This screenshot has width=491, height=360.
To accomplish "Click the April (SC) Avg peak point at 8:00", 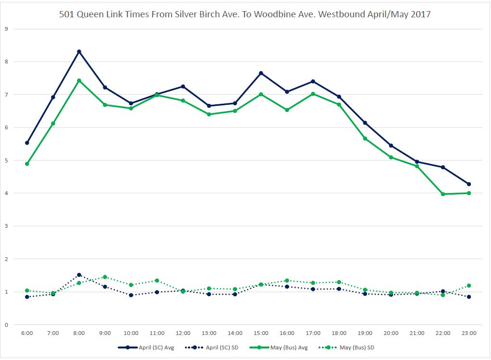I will tap(79, 51).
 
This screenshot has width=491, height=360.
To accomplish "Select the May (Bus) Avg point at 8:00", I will tap(79, 81).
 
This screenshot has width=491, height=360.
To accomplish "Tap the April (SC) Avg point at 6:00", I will tap(27, 143).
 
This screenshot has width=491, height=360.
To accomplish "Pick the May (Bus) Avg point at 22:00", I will tap(443, 194).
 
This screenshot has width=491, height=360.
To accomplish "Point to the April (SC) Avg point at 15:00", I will tap(261, 73).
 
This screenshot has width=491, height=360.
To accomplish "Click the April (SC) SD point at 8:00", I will tap(79, 275).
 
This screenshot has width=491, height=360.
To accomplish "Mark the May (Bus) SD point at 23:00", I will tap(469, 286).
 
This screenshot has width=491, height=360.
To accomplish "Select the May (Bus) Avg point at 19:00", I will tap(365, 138).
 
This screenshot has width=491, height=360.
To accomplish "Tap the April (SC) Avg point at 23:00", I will tap(469, 184).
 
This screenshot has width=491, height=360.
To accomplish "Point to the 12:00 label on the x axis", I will tap(183, 333).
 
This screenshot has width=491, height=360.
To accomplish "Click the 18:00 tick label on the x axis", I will tap(339, 333).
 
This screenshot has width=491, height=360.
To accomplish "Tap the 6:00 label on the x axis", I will tap(27, 333).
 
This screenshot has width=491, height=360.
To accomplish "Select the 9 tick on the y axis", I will tap(6, 29).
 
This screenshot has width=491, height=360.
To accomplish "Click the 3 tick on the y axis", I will tap(6, 226).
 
